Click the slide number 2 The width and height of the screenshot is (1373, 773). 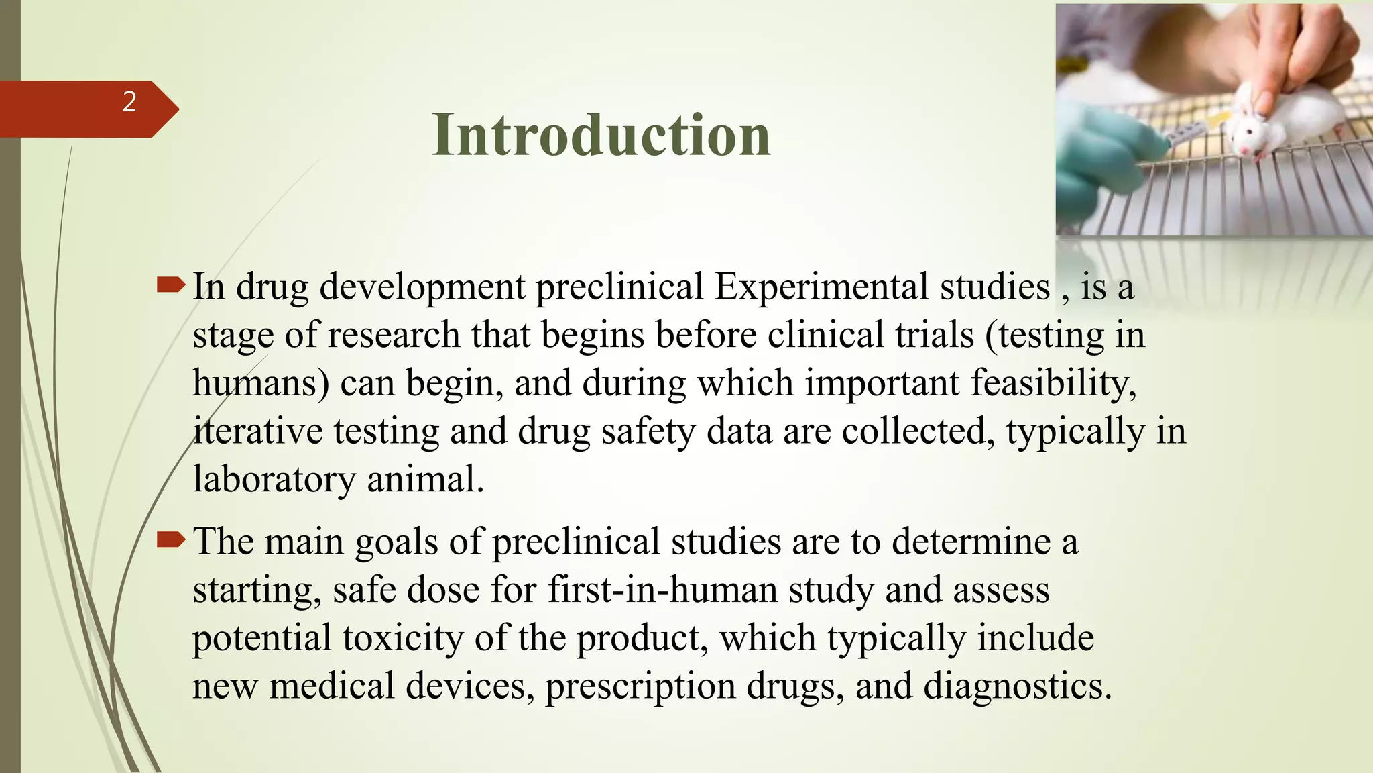[x=129, y=102]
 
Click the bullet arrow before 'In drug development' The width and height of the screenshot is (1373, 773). [x=170, y=286]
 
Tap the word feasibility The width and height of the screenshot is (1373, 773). [x=1053, y=383]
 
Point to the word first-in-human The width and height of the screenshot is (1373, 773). [x=662, y=590]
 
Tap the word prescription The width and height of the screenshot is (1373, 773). [x=640, y=686]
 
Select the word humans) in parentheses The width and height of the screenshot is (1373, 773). [x=261, y=383]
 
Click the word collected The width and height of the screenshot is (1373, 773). [x=918, y=431]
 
